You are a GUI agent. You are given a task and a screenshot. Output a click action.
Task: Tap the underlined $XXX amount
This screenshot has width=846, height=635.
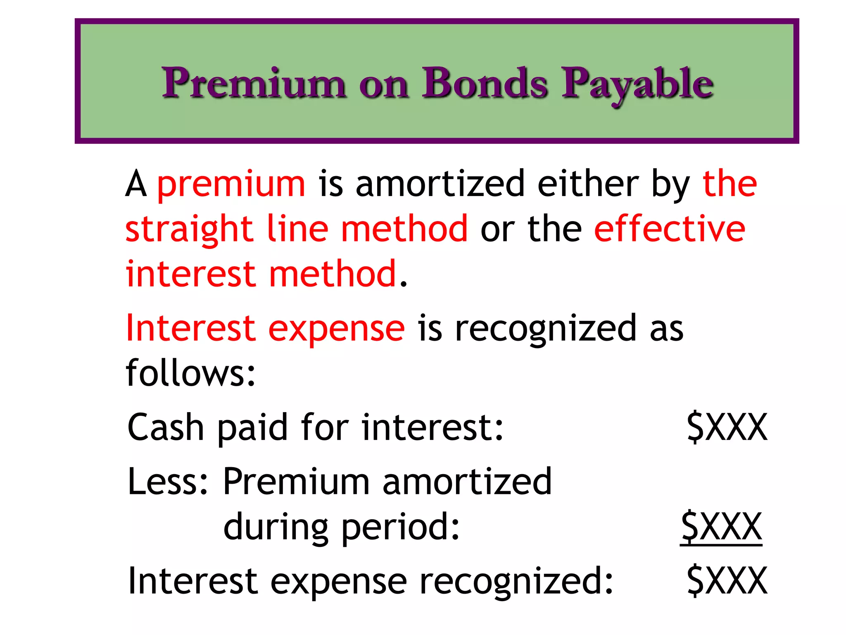coord(721,527)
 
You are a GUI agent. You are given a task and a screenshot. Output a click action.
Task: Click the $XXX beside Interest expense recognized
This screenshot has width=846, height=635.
coord(727,581)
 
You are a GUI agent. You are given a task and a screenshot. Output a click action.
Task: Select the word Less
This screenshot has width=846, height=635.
coord(168,482)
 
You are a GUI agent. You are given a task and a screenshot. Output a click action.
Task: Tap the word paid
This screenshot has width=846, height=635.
coord(252,428)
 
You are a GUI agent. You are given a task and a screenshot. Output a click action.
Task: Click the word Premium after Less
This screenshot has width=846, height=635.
coord(296,482)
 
